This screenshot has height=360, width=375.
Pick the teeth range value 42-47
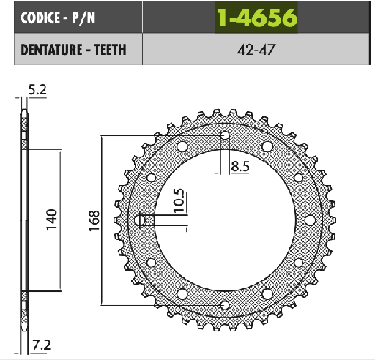tap(256, 50)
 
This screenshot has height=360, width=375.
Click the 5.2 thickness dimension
tap(38, 90)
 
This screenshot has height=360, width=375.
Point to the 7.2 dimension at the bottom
tap(41, 344)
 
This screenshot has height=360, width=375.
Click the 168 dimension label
tap(94, 220)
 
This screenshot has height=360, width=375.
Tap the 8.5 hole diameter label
tap(240, 167)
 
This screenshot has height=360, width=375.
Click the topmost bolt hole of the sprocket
tap(226, 135)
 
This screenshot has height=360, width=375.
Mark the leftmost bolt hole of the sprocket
tap(141, 220)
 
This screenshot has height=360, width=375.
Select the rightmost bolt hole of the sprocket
tap(310, 220)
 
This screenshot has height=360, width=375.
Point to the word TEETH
tap(108, 50)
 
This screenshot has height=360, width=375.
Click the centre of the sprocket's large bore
tap(226, 220)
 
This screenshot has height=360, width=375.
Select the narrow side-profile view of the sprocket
tap(26, 220)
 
